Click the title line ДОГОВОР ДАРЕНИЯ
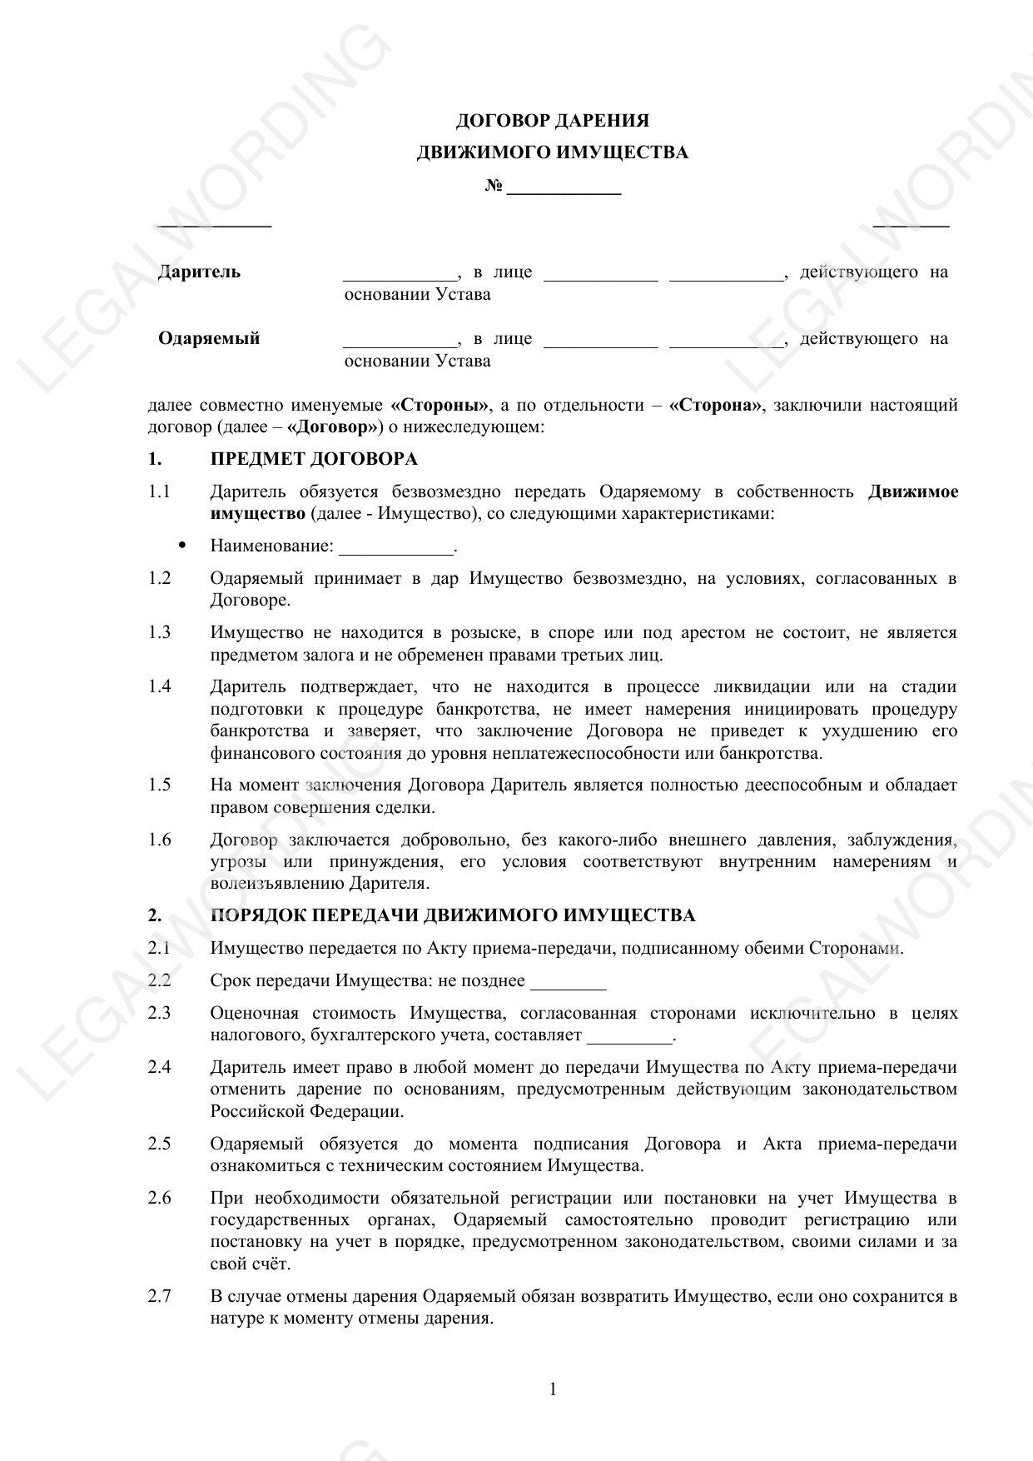[552, 121]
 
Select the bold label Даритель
[199, 272]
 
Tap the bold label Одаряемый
[209, 338]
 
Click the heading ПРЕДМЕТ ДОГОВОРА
[314, 459]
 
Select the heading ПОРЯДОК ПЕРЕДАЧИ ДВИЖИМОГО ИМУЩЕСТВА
[453, 915]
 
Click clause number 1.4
[160, 686]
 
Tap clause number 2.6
[160, 1198]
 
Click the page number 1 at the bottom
[553, 1389]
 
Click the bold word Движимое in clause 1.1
[912, 491]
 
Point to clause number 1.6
[160, 839]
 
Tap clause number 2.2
[160, 980]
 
